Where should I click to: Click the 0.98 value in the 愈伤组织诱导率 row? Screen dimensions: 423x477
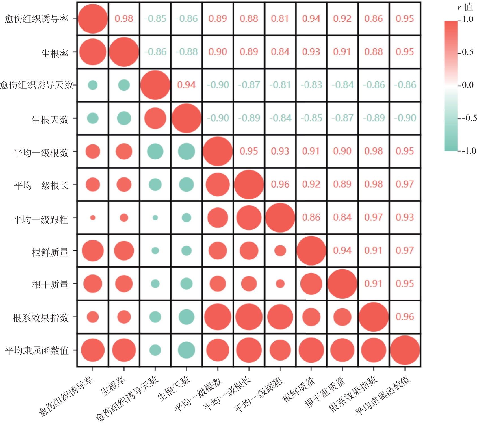(124, 19)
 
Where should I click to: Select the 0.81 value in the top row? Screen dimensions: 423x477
(280, 19)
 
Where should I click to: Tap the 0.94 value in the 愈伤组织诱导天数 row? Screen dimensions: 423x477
(186, 85)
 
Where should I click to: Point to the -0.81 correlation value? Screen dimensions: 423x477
(280, 85)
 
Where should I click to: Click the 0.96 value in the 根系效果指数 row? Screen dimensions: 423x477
(405, 317)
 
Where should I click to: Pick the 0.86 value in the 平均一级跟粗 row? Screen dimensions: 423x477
(311, 217)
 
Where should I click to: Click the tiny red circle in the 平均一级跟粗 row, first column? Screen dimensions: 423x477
(93, 218)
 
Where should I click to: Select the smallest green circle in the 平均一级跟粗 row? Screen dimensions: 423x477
(155, 218)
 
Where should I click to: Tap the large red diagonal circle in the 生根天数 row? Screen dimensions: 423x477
(186, 118)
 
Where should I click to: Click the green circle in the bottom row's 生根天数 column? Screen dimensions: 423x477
(186, 350)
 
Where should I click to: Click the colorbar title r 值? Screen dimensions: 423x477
(465, 7)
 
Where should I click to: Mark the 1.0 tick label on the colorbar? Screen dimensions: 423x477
(468, 19)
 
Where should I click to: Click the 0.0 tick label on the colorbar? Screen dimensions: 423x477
(468, 85)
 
